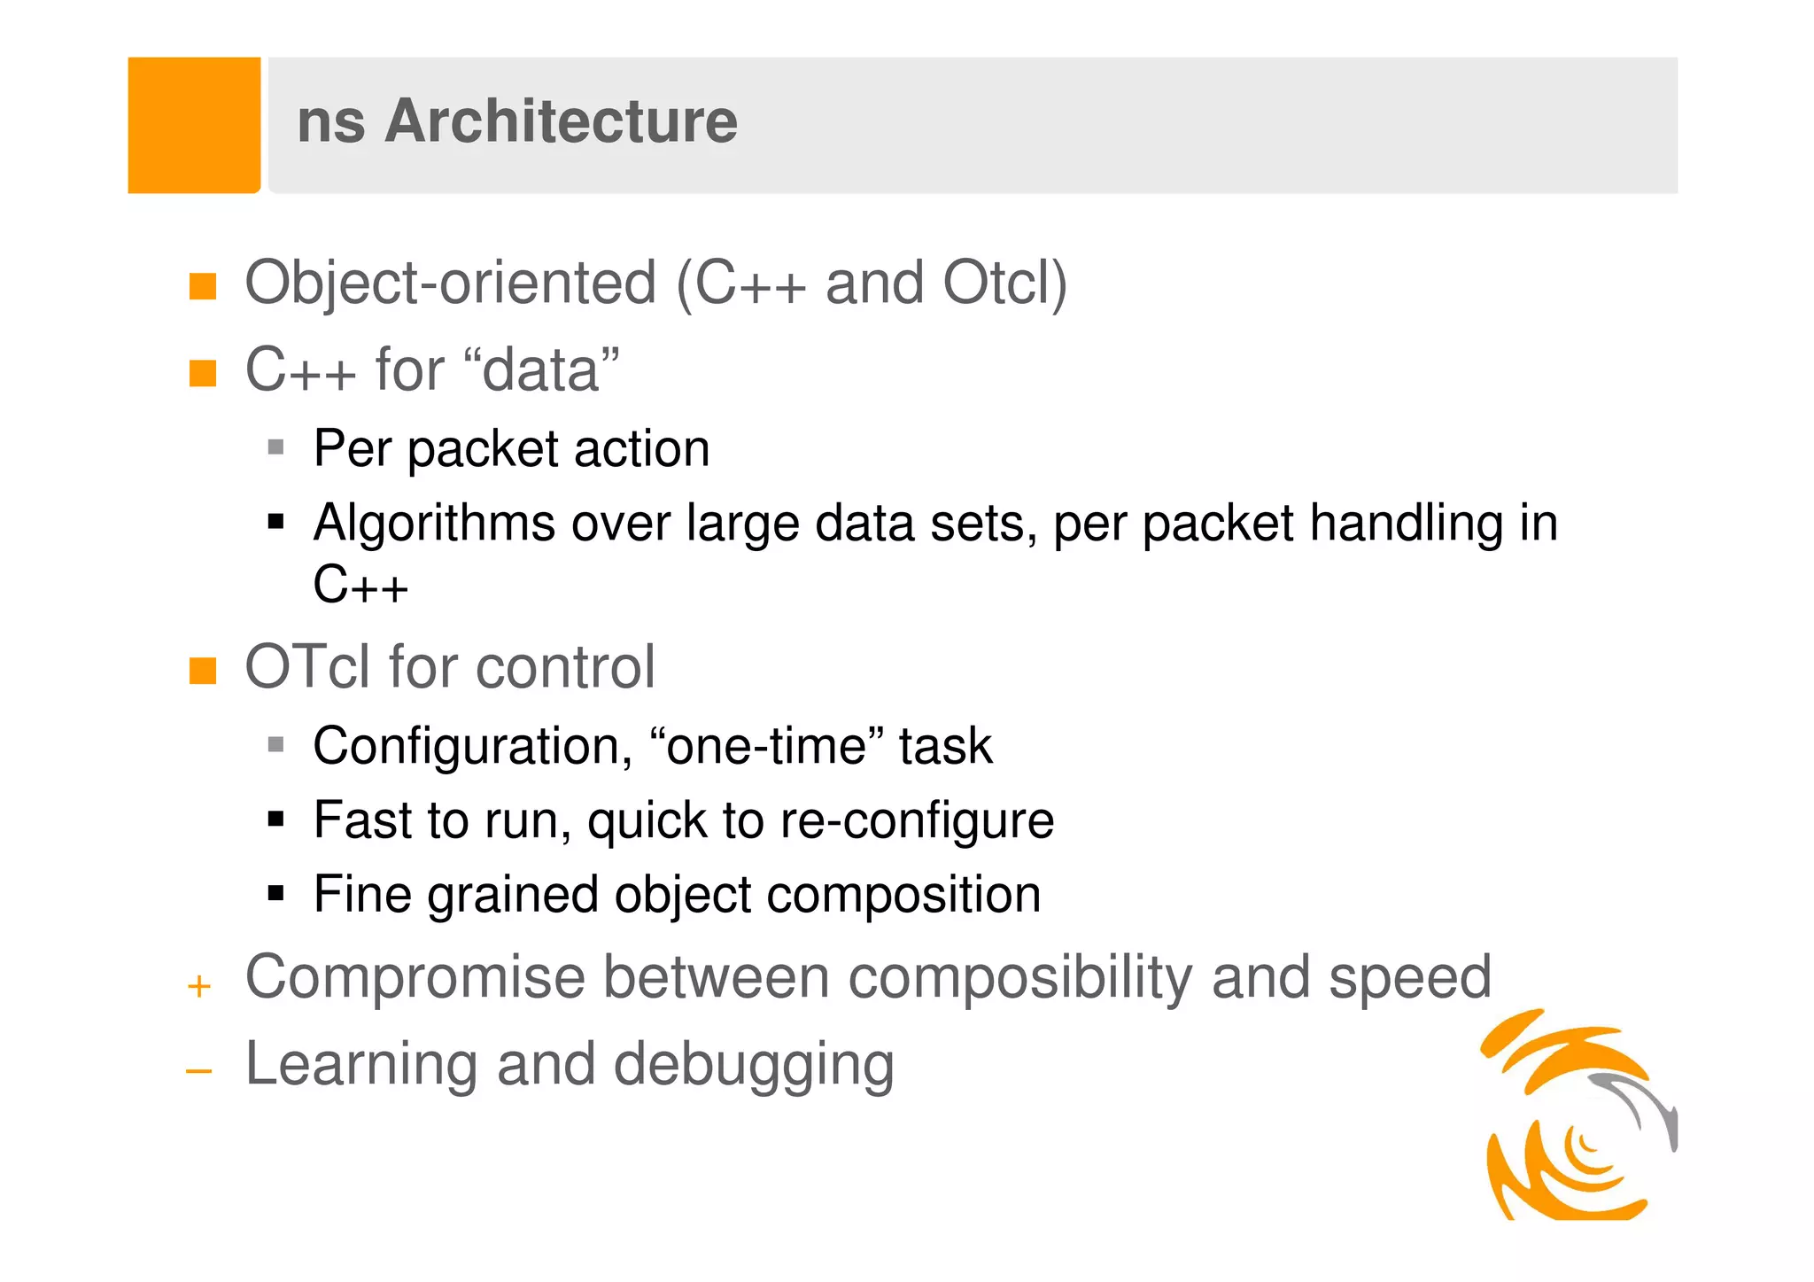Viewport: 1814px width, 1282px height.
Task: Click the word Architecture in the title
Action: pos(561,121)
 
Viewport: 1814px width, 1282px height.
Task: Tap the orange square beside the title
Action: pos(194,125)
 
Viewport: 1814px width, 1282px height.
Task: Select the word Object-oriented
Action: pos(450,284)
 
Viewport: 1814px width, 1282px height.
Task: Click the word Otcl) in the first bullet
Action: pos(1004,284)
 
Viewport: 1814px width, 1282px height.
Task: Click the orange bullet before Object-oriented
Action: pos(203,286)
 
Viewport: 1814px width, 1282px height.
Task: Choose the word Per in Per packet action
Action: pos(352,448)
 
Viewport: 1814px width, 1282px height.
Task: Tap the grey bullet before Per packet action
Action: pos(276,447)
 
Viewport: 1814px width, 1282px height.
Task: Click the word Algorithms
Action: pos(434,524)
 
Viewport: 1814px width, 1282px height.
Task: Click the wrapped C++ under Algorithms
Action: pos(360,585)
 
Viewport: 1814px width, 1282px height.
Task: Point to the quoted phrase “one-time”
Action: pos(765,746)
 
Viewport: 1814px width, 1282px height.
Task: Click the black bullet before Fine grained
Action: pos(276,893)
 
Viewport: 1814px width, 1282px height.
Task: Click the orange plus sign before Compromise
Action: pos(199,986)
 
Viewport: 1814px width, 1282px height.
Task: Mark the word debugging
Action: pos(754,1064)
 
